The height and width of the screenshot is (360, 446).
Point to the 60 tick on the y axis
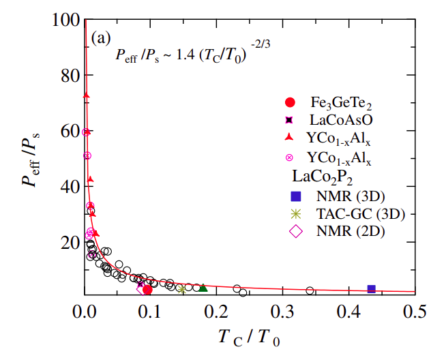click(85, 130)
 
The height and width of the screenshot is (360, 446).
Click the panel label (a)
click(100, 38)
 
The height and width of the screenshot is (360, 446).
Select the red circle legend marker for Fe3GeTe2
click(291, 103)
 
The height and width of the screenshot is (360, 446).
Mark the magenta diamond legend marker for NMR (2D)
click(296, 231)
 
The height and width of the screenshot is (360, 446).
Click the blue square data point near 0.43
click(371, 289)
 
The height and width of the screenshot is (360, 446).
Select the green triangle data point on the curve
click(203, 288)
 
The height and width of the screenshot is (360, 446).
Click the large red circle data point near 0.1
click(147, 290)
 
